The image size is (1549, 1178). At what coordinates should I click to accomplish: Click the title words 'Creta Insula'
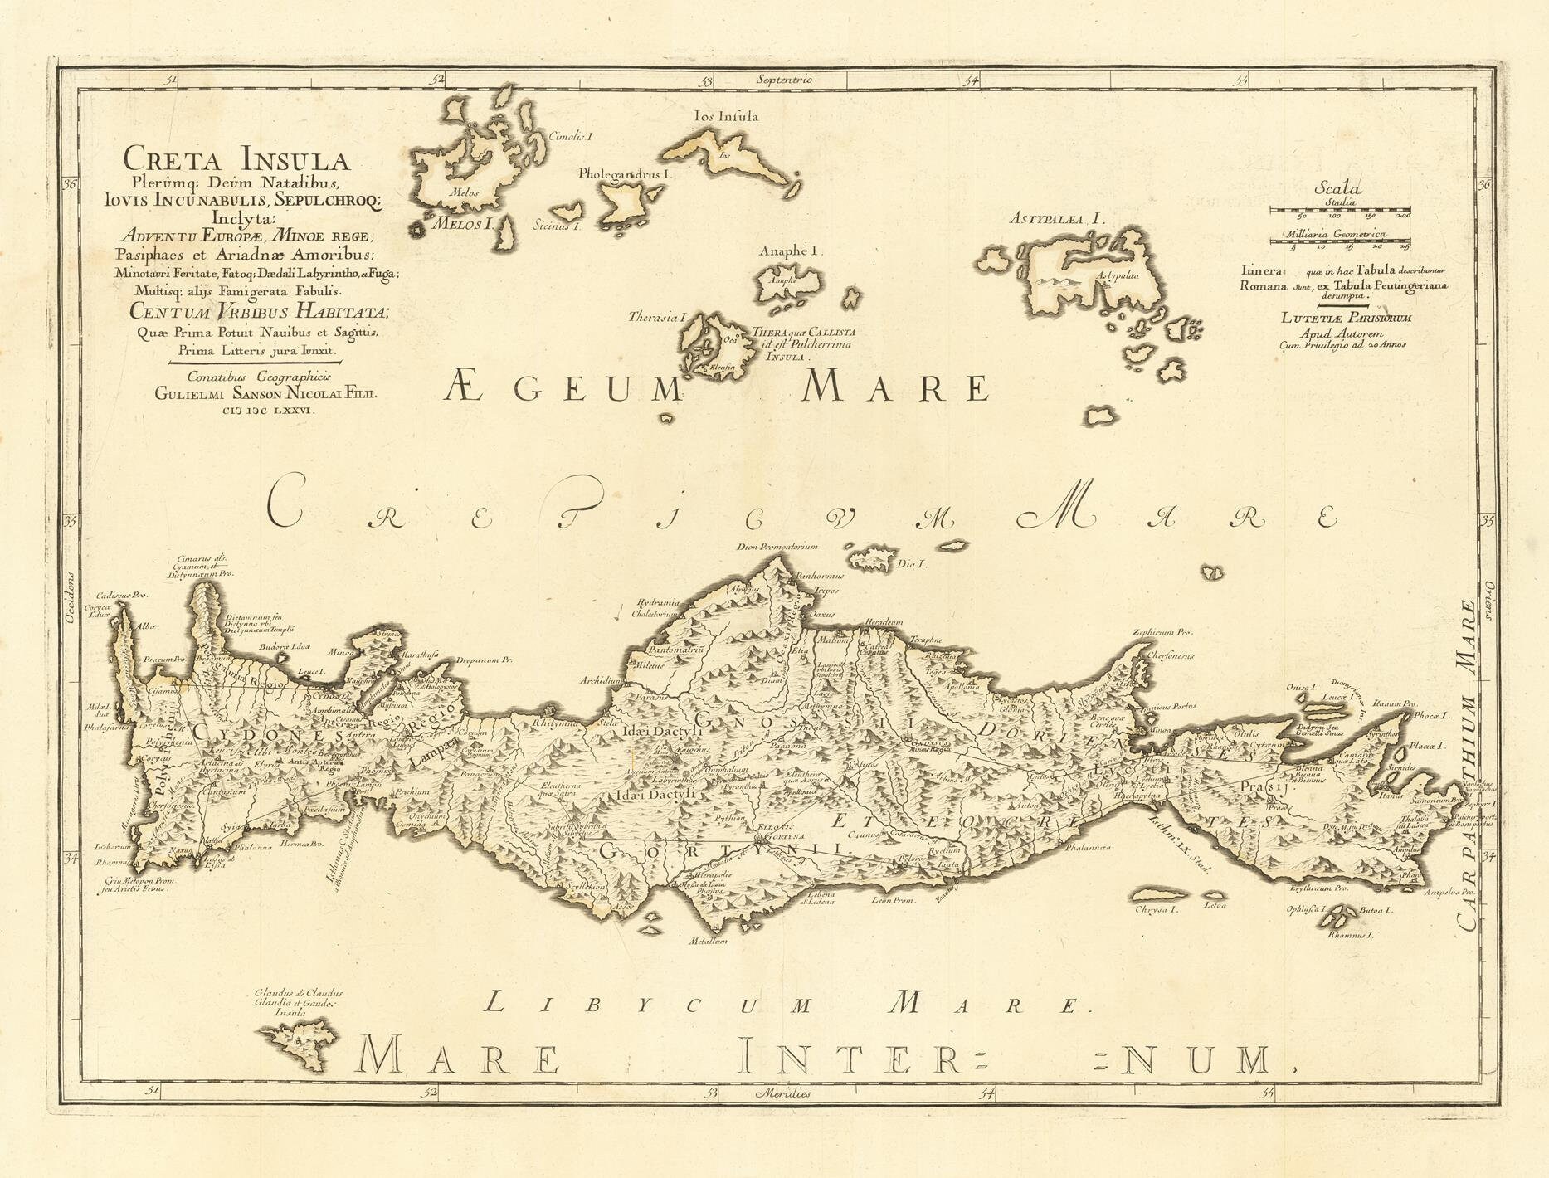pos(236,157)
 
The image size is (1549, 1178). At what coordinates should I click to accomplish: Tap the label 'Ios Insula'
pos(725,117)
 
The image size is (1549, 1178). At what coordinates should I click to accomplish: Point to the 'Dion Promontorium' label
pos(777,547)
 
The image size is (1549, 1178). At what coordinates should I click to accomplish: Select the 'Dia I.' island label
pos(912,564)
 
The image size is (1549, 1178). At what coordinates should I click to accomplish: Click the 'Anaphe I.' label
pos(789,250)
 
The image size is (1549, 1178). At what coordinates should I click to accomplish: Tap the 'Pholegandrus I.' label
pos(626,175)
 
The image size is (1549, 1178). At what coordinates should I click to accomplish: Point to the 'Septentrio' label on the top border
pos(785,80)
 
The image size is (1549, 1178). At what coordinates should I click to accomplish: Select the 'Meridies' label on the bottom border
pos(783,1093)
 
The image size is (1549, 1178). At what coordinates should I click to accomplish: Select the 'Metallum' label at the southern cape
pos(708,942)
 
